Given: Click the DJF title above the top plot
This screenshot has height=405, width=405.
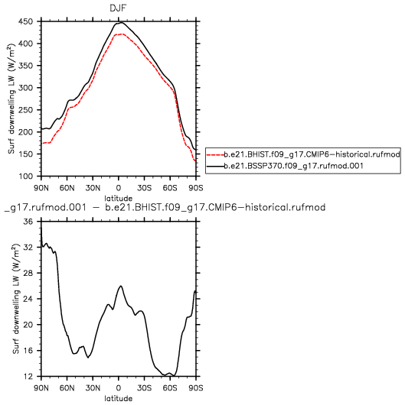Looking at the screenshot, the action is coord(118,8).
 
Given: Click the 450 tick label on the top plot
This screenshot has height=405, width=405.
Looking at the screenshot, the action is coord(25,21).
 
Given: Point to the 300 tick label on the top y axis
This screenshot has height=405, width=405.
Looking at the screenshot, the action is coord(25,88).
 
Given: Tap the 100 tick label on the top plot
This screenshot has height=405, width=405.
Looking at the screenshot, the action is coord(25,177).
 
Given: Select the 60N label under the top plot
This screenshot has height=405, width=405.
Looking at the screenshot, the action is coord(67,188).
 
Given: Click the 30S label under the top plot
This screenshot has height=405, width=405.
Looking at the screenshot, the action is coord(144,188).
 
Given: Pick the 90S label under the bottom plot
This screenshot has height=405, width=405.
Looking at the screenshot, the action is coord(196,388).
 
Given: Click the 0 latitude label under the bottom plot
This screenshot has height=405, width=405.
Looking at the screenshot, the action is coord(118,388).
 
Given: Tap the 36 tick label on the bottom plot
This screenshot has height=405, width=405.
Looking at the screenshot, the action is coord(28,222).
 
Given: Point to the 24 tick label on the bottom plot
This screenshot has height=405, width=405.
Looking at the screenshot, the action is coord(28,299).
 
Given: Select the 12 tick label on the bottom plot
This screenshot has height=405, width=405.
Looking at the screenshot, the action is coord(28,377).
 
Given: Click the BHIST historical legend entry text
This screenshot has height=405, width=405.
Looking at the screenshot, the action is coord(312,154).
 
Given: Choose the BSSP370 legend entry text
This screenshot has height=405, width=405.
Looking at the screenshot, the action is coord(294,166).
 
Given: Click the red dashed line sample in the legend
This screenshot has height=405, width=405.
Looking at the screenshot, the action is coord(216,154).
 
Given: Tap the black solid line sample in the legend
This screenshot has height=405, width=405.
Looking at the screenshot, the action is coord(216,166).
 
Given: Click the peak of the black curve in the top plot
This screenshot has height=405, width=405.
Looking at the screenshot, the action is coord(121,23).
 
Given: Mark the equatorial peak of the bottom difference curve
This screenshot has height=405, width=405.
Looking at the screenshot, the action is coord(121,286).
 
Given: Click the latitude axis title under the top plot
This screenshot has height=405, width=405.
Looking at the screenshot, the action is coord(118,199).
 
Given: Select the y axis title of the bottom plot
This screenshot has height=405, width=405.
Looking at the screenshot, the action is coord(16,299).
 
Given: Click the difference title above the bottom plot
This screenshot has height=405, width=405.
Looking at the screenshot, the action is coord(165,207).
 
